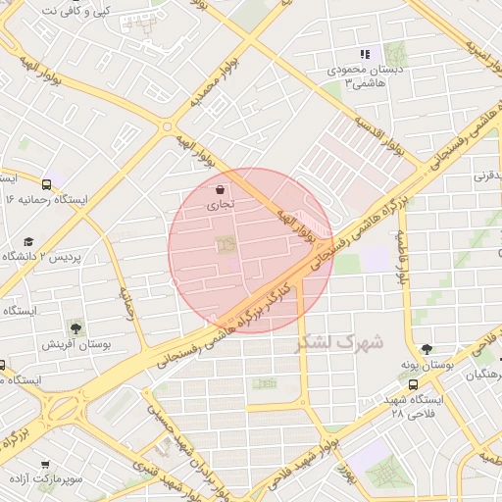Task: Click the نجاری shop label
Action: click(220, 207)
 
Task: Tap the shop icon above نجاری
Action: click(220, 189)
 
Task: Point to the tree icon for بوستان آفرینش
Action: click(75, 327)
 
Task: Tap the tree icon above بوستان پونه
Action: click(426, 348)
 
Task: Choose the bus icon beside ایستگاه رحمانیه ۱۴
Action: click(47, 183)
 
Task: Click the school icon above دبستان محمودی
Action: click(365, 55)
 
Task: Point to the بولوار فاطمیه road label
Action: click(401, 257)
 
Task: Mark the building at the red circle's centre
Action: click(226, 242)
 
